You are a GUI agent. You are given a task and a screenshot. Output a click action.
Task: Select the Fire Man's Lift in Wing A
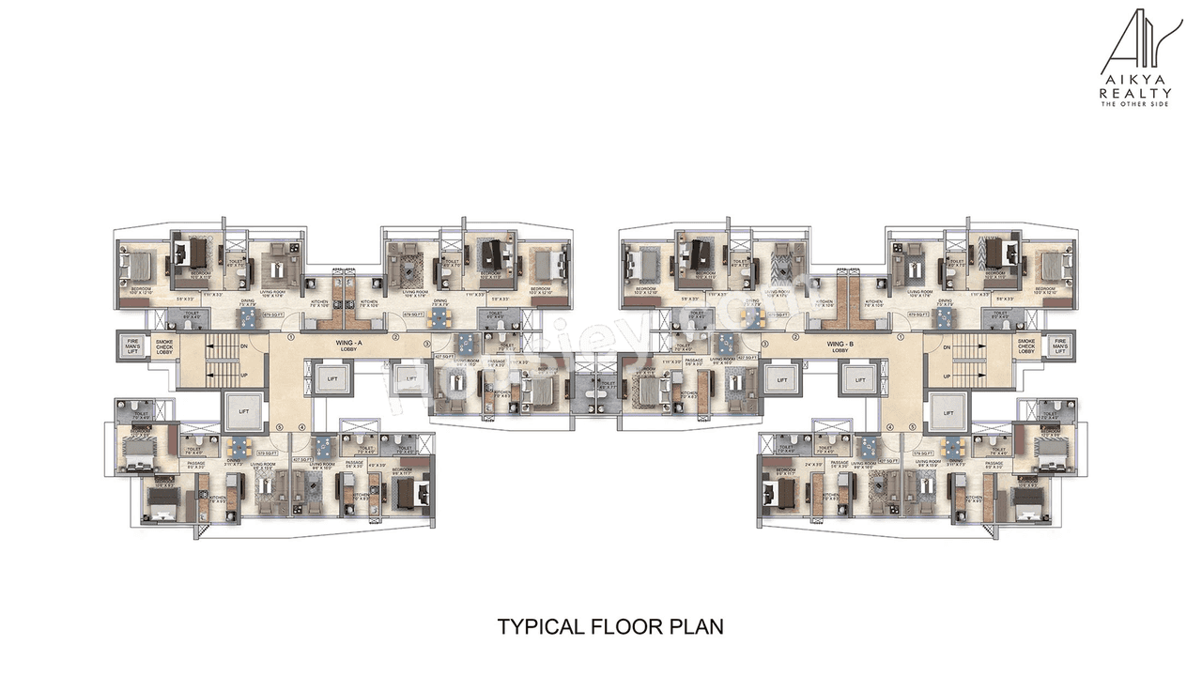coord(128,346)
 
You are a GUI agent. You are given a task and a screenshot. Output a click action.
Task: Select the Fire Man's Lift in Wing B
coord(1060,346)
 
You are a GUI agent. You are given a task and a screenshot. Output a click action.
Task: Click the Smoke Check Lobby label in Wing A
coord(164,346)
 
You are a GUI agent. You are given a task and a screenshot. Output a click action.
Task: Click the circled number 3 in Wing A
coord(433,345)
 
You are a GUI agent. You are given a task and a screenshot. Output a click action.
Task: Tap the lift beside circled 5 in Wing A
coord(240,412)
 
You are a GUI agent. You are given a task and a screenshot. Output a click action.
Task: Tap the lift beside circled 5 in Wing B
coord(949,412)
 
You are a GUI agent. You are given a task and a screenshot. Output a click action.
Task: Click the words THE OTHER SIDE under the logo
coord(1135,103)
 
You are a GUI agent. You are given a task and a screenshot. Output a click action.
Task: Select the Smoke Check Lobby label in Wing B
coord(1025,346)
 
